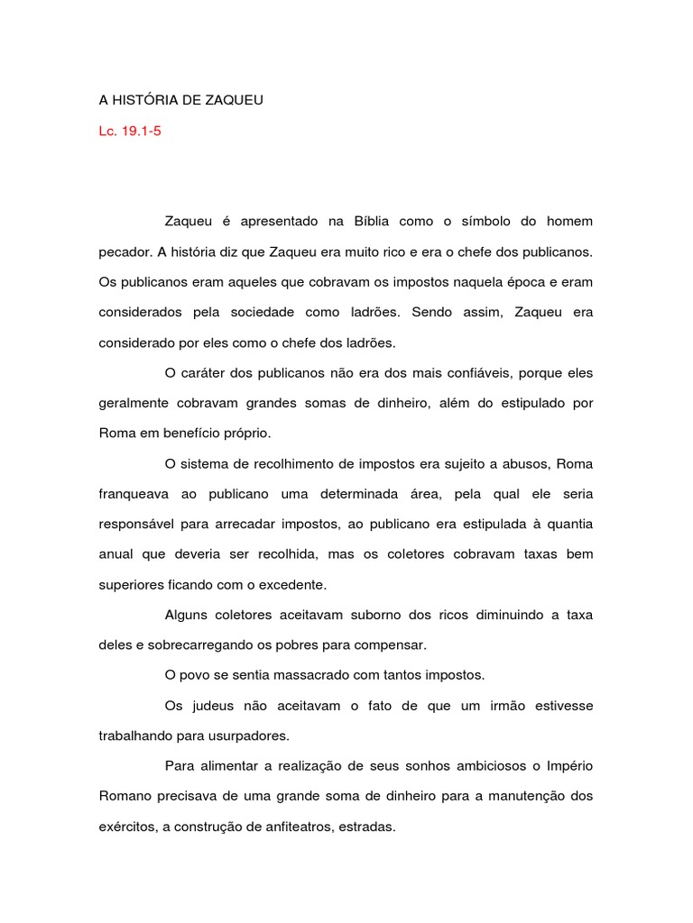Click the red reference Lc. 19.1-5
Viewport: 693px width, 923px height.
(130, 132)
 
